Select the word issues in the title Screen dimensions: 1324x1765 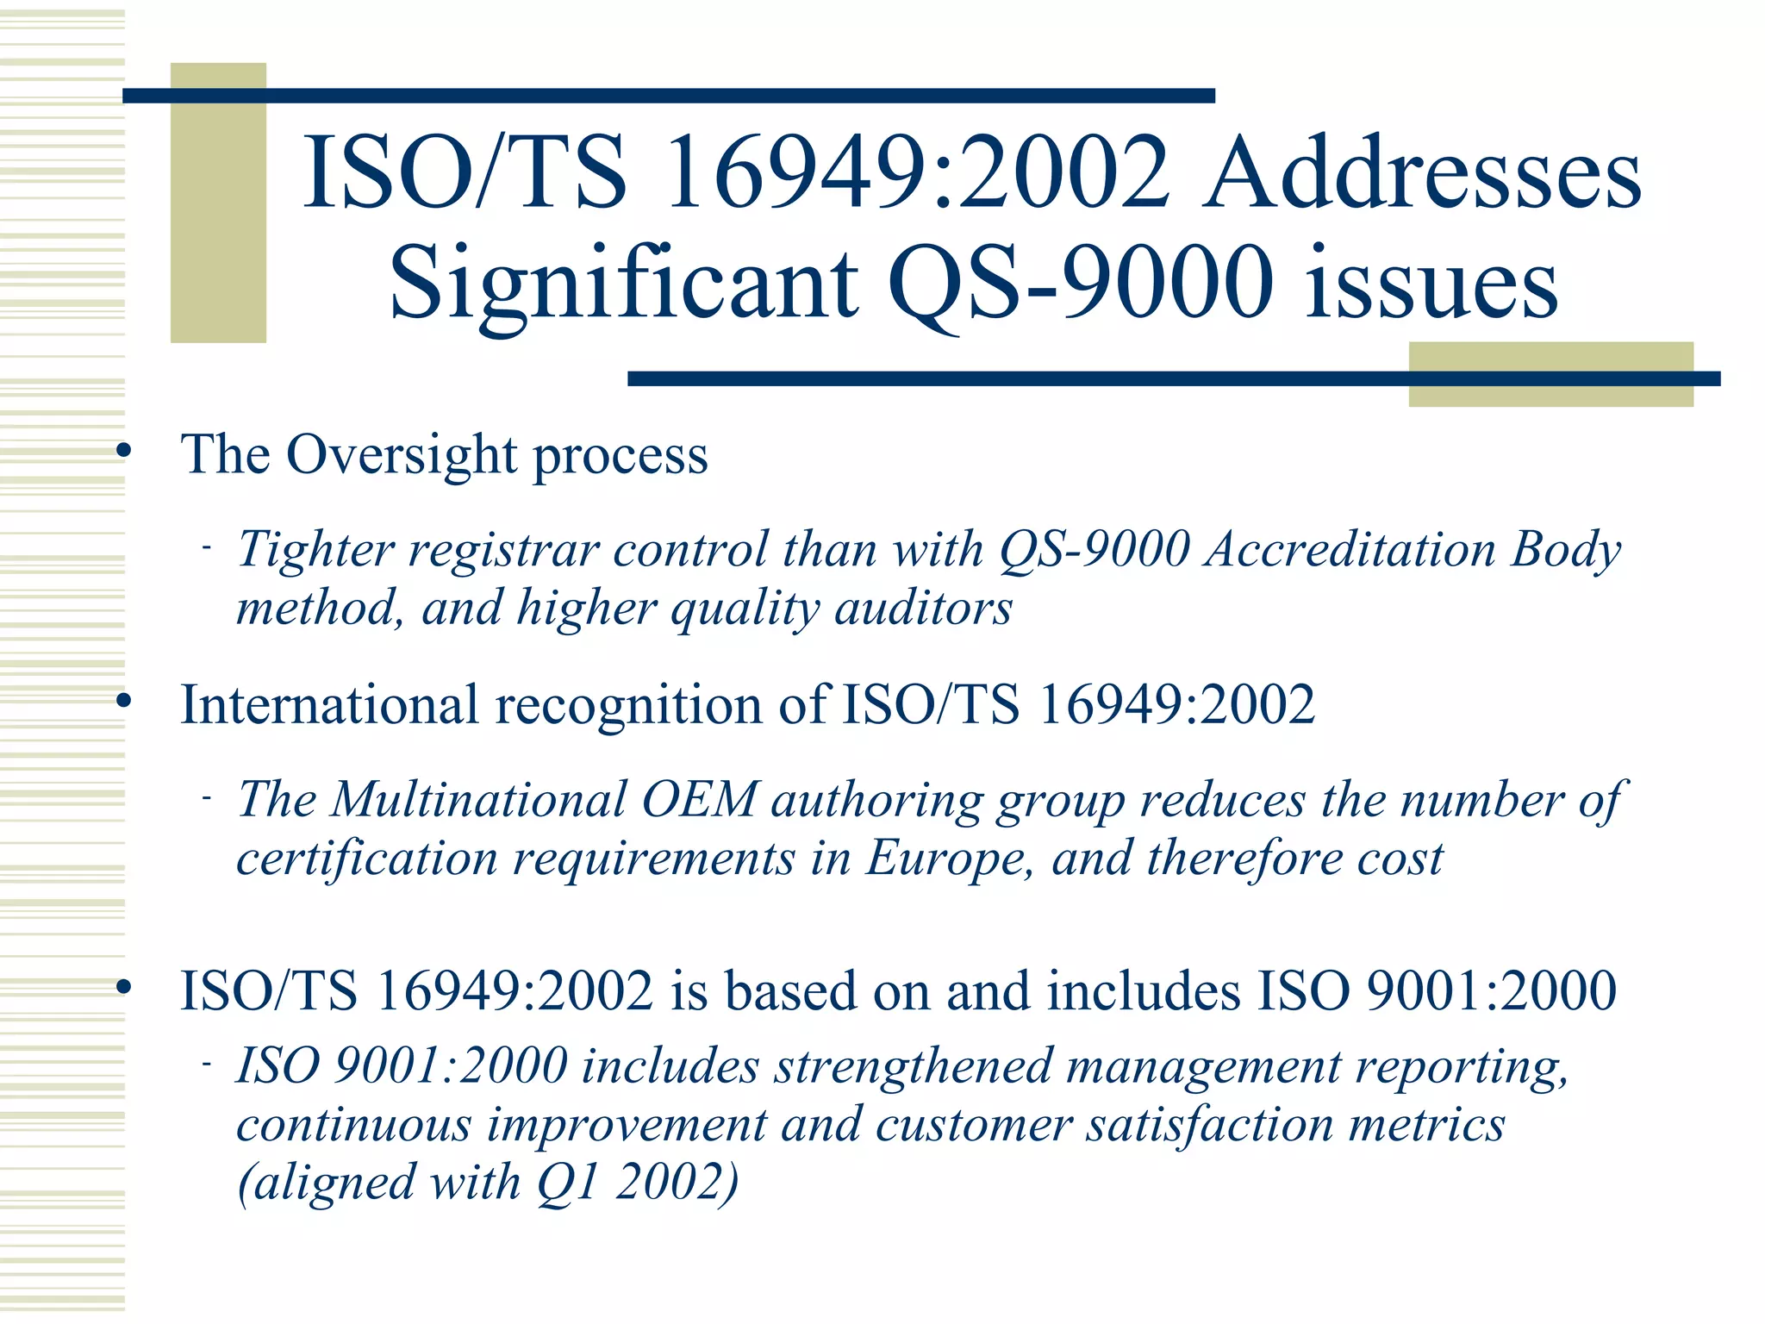click(1431, 283)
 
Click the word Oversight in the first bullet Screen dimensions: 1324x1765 click(401, 455)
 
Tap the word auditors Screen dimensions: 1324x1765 click(923, 609)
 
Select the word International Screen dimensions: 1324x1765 click(330, 705)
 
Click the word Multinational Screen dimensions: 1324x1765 click(478, 799)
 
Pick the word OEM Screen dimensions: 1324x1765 click(699, 799)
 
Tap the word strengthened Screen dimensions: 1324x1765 click(913, 1066)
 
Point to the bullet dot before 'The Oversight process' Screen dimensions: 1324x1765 click(124, 451)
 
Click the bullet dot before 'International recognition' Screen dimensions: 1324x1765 click(124, 702)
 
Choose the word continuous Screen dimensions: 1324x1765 click(354, 1125)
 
